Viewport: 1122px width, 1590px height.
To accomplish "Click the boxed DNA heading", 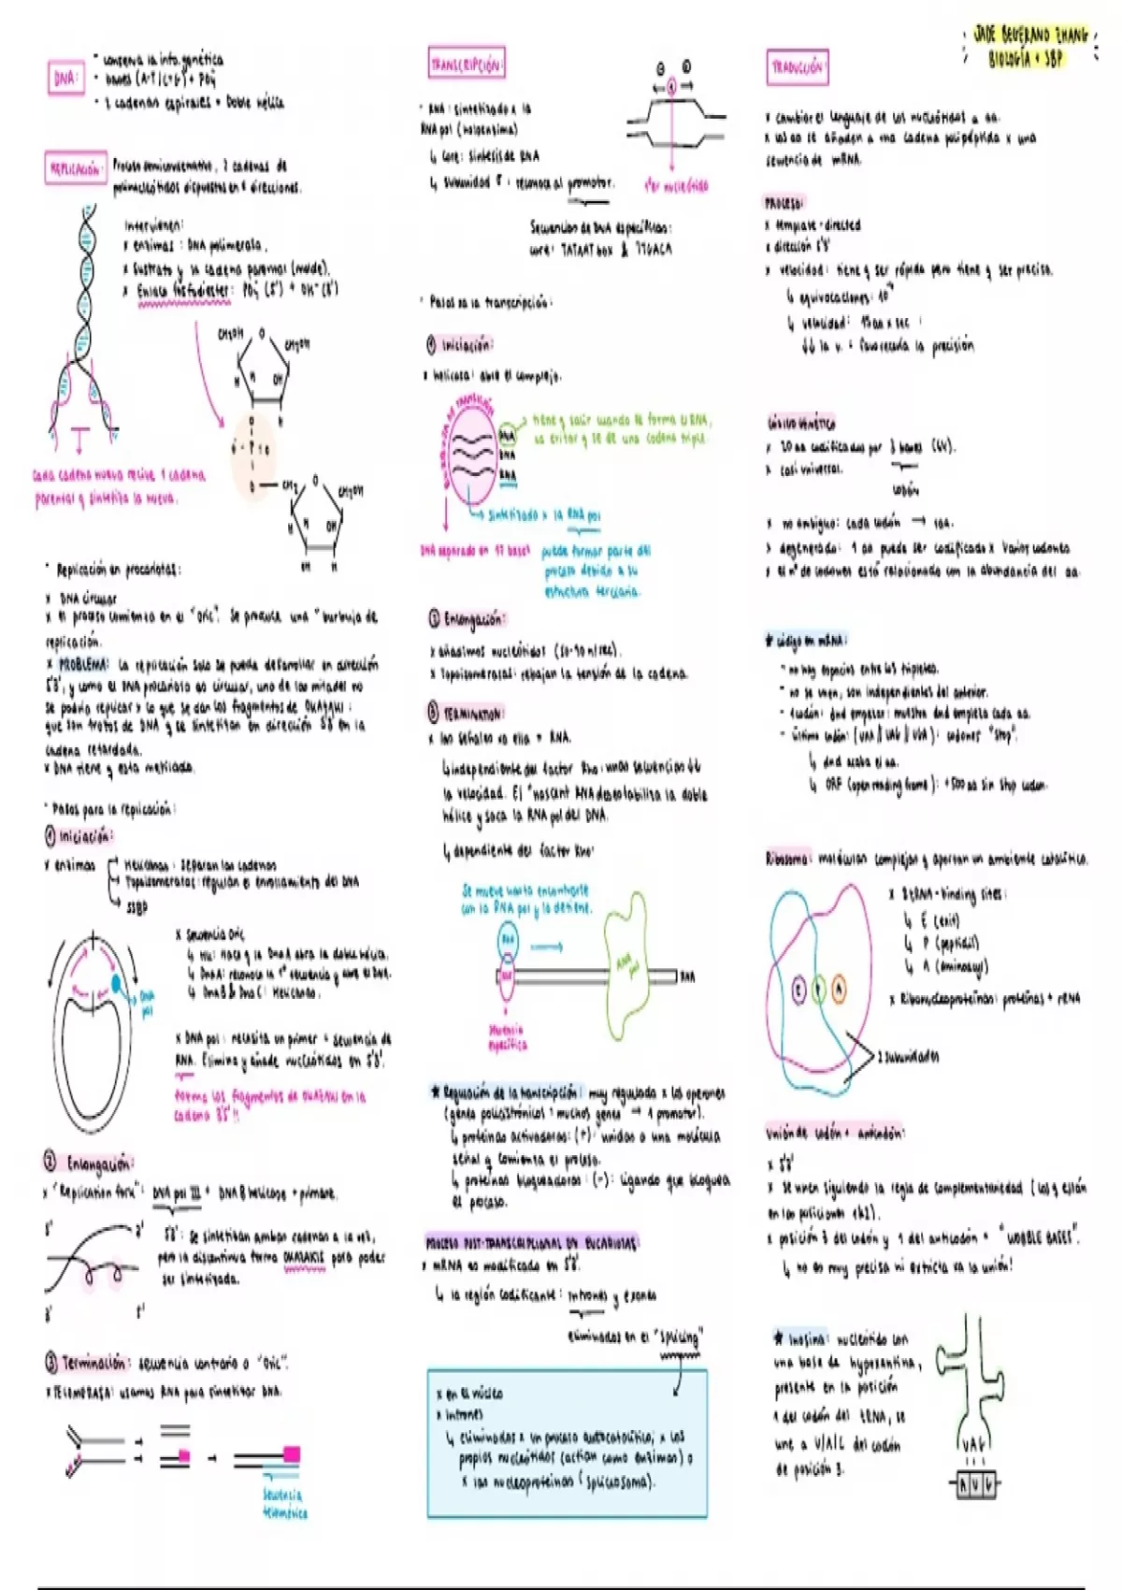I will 65,79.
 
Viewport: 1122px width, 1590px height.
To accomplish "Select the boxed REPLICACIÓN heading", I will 75,169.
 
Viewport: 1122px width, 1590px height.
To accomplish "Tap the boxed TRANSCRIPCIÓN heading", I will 466,64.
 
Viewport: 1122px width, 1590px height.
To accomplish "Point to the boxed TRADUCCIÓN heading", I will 797,66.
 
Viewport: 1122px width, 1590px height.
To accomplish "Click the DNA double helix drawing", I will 86,318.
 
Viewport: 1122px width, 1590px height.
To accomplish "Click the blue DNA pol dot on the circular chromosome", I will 117,983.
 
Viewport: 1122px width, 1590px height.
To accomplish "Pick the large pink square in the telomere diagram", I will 292,1454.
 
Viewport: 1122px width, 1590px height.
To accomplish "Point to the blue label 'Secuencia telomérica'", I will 284,1503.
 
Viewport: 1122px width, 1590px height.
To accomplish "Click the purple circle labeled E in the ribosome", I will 798,989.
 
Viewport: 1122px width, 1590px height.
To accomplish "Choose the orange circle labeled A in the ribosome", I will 839,989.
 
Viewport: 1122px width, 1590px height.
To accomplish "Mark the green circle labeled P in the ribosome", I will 819,989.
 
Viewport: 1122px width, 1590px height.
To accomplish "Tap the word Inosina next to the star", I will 807,1339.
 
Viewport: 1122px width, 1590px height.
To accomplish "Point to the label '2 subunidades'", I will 908,1056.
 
